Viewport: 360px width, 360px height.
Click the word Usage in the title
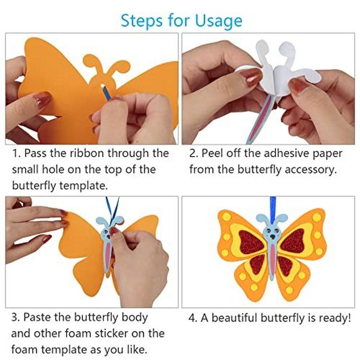[x=220, y=20]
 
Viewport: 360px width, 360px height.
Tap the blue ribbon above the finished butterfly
[x=272, y=207]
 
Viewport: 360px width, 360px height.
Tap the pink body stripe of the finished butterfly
[x=272, y=260]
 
